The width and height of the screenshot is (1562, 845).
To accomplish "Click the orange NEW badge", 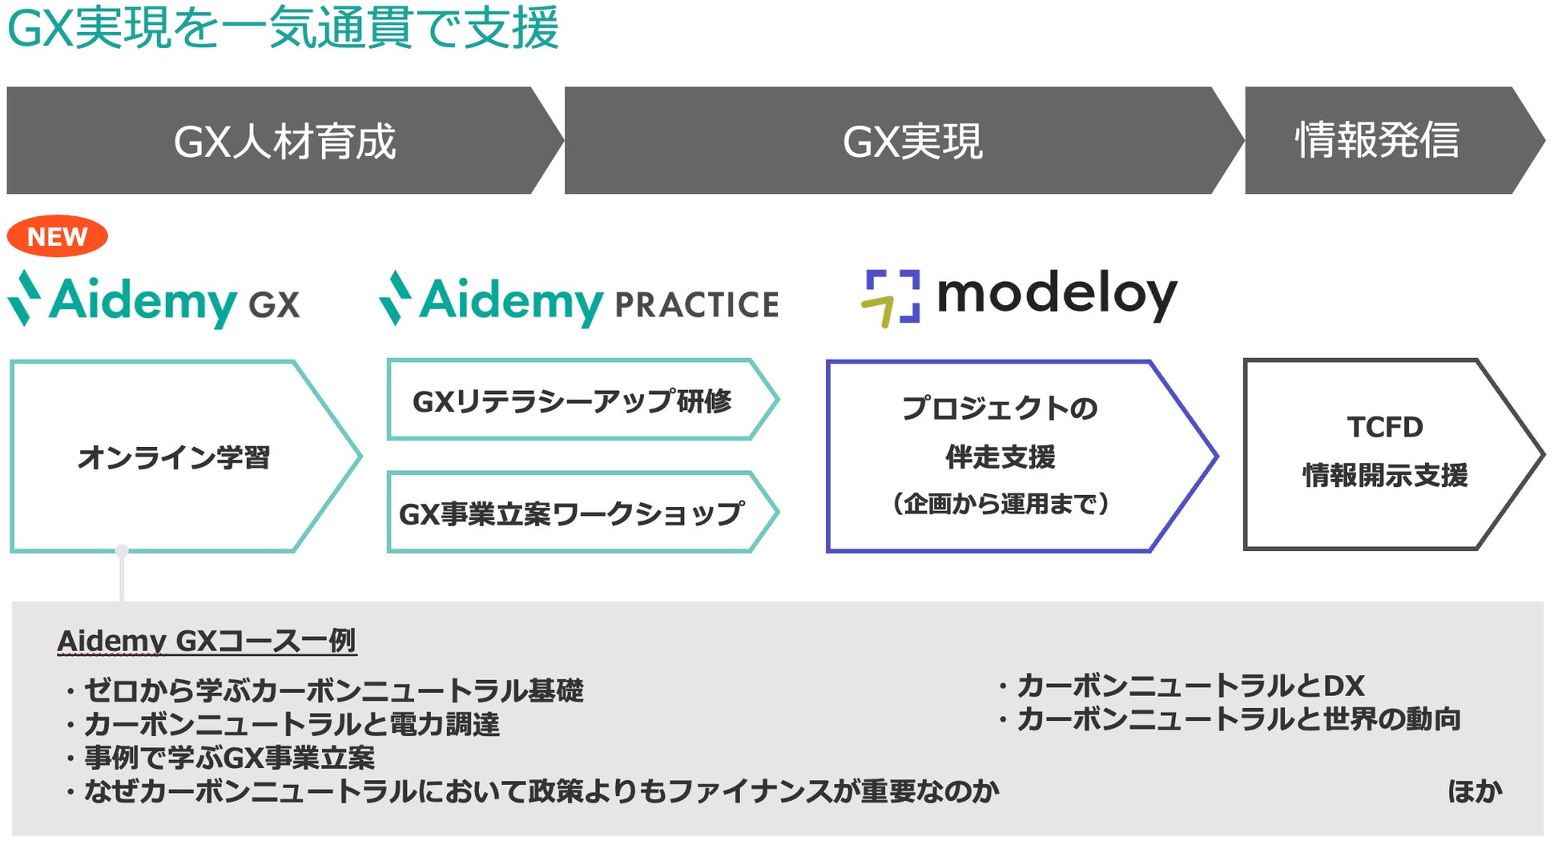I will point(57,236).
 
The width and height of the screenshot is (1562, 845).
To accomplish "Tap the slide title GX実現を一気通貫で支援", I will point(283,28).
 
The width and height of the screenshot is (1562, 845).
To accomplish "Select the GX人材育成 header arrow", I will point(284,141).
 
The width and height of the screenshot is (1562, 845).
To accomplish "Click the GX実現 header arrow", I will point(912,141).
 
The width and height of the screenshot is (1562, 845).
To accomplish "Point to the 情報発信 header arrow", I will point(1377,141).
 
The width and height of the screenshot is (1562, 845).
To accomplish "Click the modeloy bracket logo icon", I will point(891,298).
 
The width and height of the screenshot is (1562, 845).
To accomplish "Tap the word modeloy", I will point(1057,295).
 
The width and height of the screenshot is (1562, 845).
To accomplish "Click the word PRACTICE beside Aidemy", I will point(696,305).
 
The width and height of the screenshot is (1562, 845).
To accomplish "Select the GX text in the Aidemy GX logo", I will point(274,305).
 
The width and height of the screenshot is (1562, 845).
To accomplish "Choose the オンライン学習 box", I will point(174,457).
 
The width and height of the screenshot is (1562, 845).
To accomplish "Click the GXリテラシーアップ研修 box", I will point(572,400).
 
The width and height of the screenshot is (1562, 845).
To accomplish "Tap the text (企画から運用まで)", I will point(1000,504).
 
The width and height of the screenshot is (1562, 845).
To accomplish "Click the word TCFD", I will point(1385,427).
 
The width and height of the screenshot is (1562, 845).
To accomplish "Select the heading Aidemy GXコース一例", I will point(207,641).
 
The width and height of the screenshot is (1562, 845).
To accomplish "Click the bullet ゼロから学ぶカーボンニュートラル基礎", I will point(333,690).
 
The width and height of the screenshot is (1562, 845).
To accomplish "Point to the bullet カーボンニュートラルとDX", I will point(1190,686).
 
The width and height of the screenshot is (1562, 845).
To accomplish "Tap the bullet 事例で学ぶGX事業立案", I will point(229,758).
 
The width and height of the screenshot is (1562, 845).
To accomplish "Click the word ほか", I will point(1475,791).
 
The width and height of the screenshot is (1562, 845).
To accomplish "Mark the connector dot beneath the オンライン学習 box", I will point(122,551).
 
